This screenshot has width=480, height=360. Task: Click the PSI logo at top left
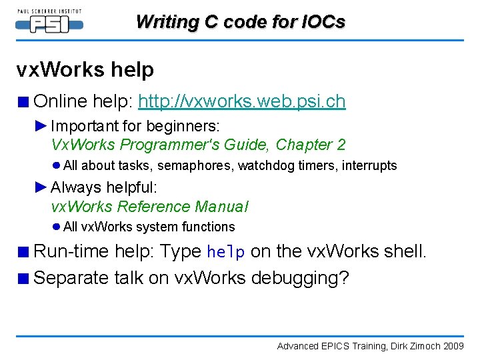pyautogui.click(x=49, y=21)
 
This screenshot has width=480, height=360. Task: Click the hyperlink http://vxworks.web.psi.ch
pyautogui.click(x=241, y=101)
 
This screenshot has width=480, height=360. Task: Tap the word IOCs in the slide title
pyautogui.click(x=322, y=21)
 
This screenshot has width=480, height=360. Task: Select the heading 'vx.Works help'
pyautogui.click(x=85, y=69)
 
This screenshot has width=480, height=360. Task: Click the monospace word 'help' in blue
pyautogui.click(x=226, y=252)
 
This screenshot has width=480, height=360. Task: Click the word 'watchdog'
pyautogui.click(x=261, y=165)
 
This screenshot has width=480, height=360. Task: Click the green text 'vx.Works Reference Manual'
pyautogui.click(x=149, y=207)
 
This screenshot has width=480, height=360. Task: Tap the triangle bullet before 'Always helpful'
pyautogui.click(x=41, y=187)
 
